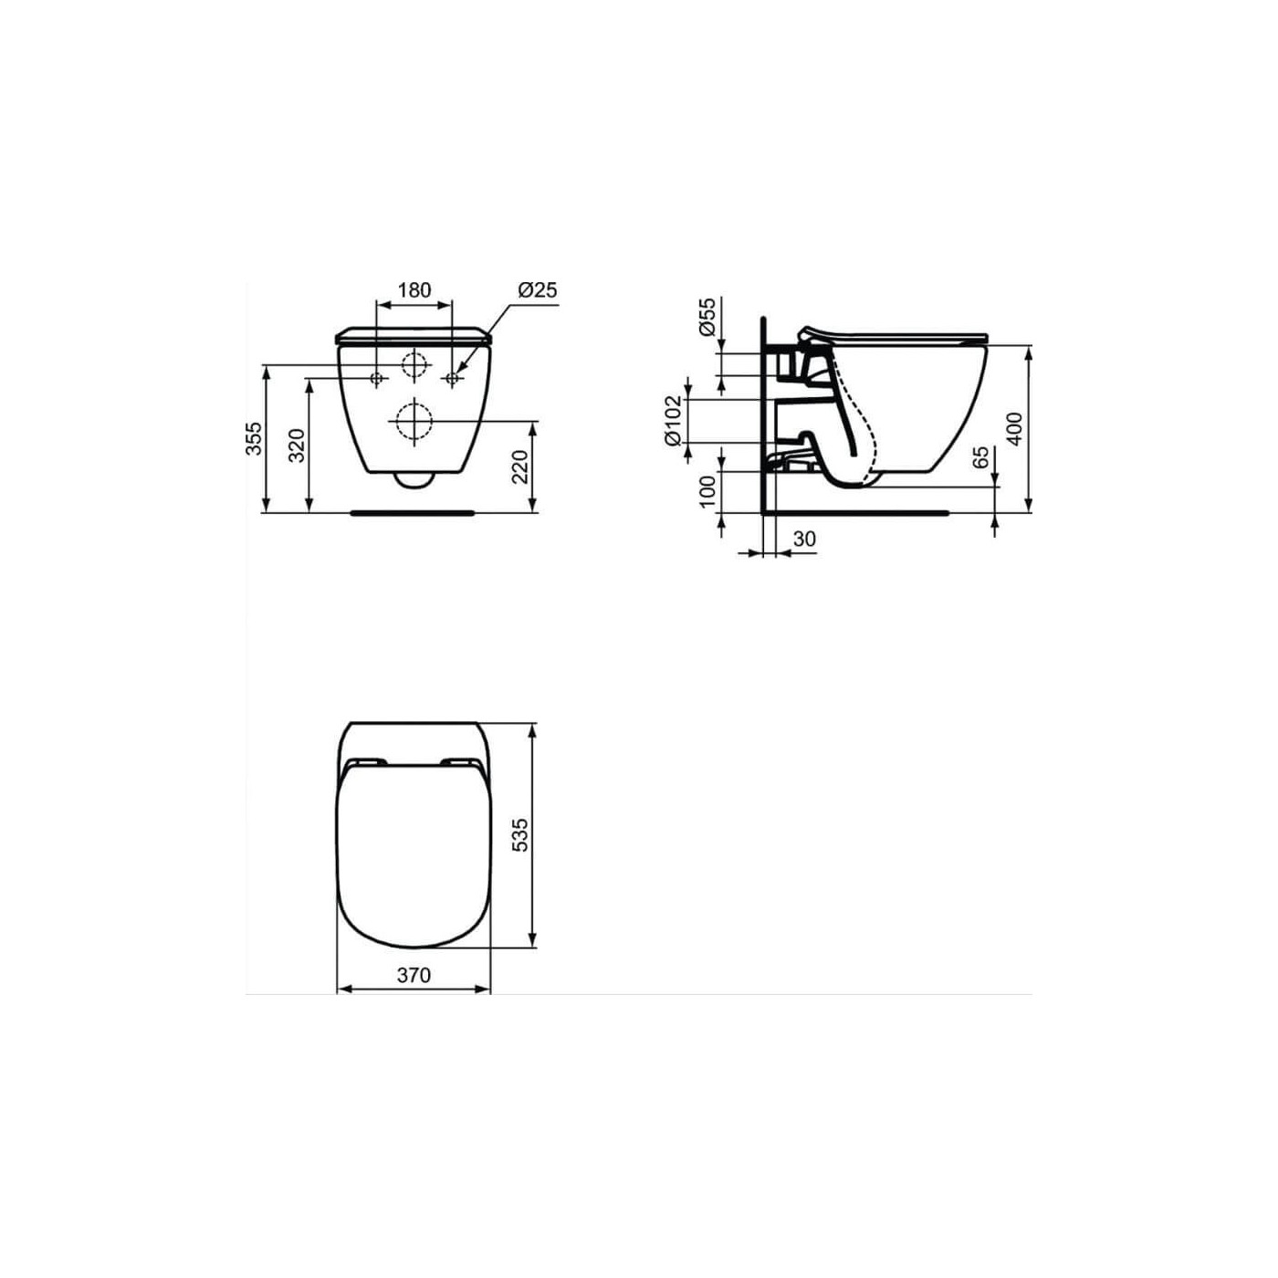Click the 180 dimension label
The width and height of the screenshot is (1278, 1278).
(x=414, y=290)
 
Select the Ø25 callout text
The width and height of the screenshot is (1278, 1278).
(x=537, y=290)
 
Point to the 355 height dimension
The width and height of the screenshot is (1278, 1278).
(x=256, y=438)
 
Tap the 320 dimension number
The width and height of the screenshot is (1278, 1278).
(x=298, y=445)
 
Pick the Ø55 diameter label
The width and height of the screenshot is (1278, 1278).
(x=707, y=318)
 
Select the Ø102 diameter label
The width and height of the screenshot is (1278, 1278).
(x=674, y=420)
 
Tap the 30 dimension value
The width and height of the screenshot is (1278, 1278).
(x=804, y=539)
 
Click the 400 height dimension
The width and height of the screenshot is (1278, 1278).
(x=1015, y=429)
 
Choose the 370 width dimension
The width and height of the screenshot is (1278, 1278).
(x=414, y=975)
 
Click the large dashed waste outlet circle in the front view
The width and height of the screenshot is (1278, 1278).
(x=414, y=422)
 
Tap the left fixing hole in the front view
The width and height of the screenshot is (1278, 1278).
(x=377, y=378)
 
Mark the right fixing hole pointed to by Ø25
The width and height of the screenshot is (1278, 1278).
(x=452, y=378)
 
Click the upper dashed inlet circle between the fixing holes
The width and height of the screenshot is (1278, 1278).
(x=414, y=364)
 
